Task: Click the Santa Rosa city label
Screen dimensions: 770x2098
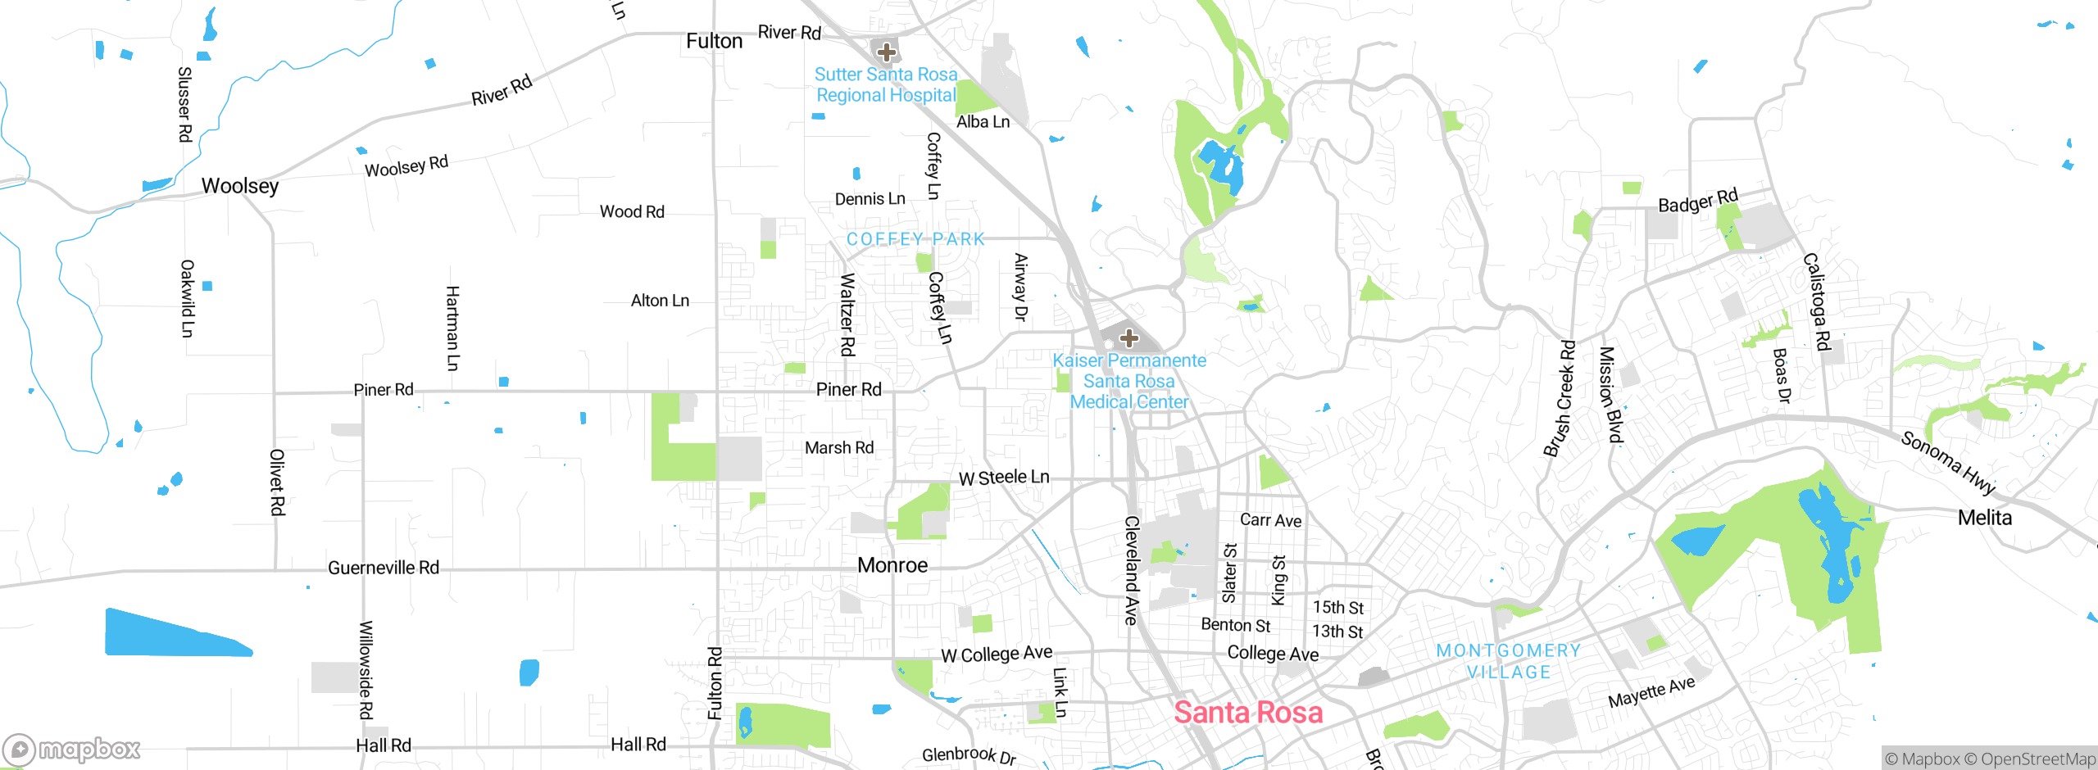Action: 1247,713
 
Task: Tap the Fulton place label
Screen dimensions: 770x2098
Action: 714,41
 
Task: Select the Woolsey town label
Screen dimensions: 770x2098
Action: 240,186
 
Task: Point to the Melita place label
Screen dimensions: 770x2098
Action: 1984,518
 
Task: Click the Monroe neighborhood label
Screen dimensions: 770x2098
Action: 892,565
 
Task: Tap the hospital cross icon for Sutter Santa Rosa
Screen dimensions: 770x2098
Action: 886,52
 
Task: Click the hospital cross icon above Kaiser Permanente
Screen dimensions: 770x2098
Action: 1128,337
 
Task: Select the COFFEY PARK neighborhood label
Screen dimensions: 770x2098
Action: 915,239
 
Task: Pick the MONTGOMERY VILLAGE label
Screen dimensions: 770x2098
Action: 1508,661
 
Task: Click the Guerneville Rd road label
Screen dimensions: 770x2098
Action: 384,568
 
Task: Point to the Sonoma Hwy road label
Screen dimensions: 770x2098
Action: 1948,463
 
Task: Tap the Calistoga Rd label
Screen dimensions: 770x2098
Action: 1817,301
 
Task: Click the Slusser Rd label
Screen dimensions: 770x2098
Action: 185,104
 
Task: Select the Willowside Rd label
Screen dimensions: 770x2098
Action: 366,670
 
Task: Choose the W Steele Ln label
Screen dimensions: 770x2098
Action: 1004,478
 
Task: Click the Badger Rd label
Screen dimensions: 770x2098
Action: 1697,201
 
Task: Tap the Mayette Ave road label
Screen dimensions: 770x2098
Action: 1651,692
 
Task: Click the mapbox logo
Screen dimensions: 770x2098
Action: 72,749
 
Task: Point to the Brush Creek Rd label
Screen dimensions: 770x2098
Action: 1559,398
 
